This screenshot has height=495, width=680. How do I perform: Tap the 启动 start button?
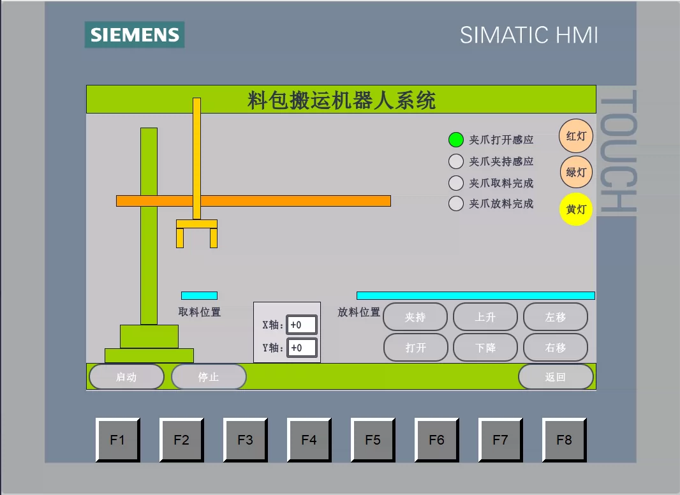(x=127, y=376)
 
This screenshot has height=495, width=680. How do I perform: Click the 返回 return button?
(x=556, y=376)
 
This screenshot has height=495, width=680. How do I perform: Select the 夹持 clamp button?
(x=415, y=316)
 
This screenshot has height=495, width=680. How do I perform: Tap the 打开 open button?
(x=415, y=347)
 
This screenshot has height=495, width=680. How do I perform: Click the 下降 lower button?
(x=485, y=347)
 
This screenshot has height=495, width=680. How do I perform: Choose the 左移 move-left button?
(x=556, y=316)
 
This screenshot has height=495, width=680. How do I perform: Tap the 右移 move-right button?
(x=556, y=347)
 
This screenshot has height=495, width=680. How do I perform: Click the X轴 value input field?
(x=301, y=325)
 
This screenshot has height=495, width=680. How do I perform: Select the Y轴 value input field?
(x=301, y=348)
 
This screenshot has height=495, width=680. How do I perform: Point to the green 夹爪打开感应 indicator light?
(x=456, y=140)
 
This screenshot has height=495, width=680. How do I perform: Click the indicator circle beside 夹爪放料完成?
(x=456, y=203)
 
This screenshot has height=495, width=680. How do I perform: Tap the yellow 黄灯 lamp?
(x=576, y=209)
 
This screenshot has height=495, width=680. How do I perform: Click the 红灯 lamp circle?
(x=576, y=137)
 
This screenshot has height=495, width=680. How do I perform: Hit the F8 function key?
(x=564, y=440)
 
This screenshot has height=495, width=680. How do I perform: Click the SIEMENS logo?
(x=135, y=34)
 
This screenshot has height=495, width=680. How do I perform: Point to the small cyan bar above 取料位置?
(x=199, y=295)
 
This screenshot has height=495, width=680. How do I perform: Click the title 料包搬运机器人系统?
(x=341, y=100)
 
